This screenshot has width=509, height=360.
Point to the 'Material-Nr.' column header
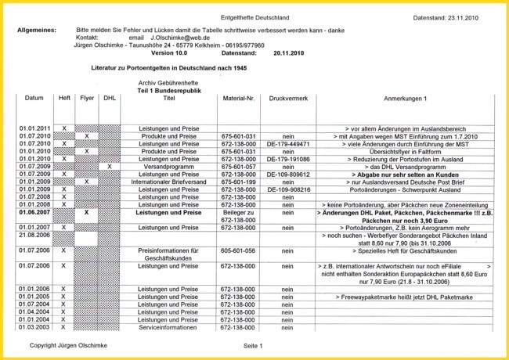[239, 99]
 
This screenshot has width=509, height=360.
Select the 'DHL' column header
[110, 99]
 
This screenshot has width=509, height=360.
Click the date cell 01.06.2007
[34, 212]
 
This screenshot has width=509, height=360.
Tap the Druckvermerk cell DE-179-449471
[287, 144]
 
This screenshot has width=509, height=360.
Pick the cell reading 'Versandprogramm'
[169, 167]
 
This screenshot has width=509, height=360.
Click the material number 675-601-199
[239, 182]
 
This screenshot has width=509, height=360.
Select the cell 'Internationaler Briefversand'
[169, 182]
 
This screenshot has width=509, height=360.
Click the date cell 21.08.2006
[34, 234]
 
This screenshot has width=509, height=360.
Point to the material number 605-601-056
[239, 250]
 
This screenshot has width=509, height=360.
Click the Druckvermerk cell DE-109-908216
[287, 189]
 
